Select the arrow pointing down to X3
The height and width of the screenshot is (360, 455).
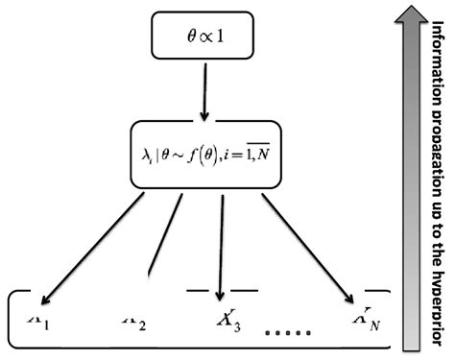tap(221, 240)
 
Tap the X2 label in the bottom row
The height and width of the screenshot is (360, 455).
tap(134, 320)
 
